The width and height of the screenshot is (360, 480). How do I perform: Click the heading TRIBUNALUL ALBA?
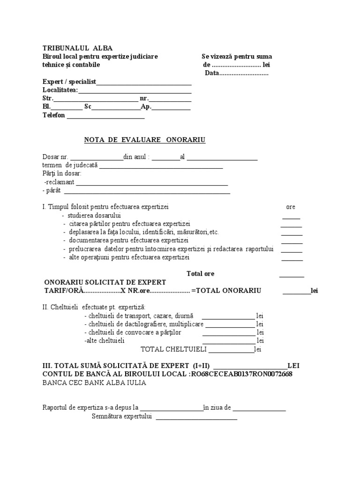point(77,48)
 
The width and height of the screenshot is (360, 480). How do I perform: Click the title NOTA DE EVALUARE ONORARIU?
point(144,140)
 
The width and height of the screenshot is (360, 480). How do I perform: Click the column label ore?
point(291,207)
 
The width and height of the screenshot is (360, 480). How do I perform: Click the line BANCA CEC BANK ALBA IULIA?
point(94,382)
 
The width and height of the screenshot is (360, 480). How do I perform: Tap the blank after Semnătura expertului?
point(196,419)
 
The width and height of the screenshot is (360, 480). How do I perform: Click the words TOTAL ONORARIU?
point(230,291)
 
